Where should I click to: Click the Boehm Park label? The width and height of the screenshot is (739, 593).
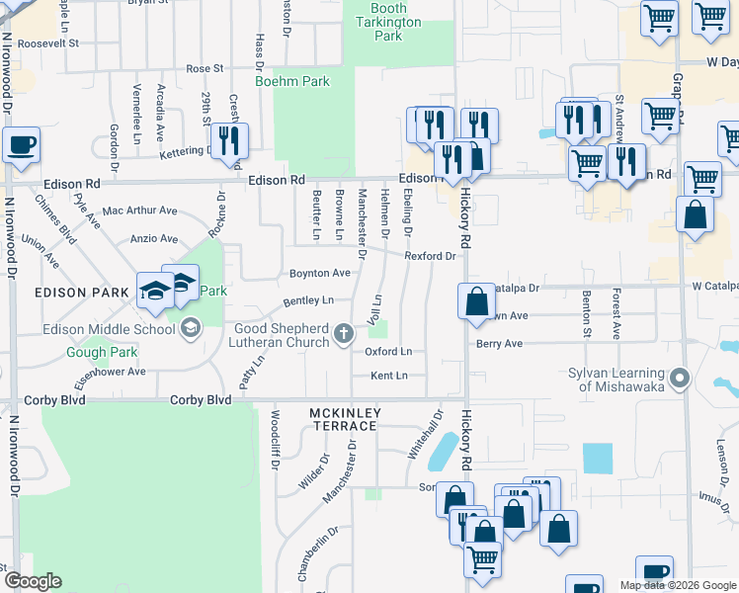(x=291, y=81)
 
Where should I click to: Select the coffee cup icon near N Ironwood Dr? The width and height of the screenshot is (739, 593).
(x=21, y=145)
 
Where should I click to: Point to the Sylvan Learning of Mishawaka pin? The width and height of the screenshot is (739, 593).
(x=678, y=378)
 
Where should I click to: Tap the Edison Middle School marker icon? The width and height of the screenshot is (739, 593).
(x=190, y=326)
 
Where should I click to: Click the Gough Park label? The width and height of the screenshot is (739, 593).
(x=93, y=352)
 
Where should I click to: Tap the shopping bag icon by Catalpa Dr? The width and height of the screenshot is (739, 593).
(x=476, y=301)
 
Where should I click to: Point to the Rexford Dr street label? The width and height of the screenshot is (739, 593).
(x=430, y=256)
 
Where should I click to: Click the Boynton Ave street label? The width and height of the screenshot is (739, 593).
(x=319, y=273)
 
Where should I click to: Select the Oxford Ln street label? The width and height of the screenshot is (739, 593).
(x=388, y=351)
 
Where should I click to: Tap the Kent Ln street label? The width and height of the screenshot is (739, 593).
(x=388, y=376)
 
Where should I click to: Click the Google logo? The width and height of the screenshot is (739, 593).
(x=33, y=581)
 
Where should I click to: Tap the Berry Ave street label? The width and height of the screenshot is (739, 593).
(x=499, y=344)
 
